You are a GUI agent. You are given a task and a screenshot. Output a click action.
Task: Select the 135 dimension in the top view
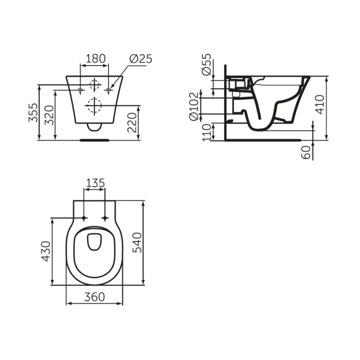(x=95, y=183)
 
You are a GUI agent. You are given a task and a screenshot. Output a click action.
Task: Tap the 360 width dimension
(x=95, y=297)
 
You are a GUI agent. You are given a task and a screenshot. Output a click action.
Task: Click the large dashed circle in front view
(x=95, y=105)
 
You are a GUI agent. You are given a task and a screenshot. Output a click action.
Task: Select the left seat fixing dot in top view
(x=84, y=218)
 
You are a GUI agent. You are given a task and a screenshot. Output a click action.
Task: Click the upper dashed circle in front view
(x=95, y=84)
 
